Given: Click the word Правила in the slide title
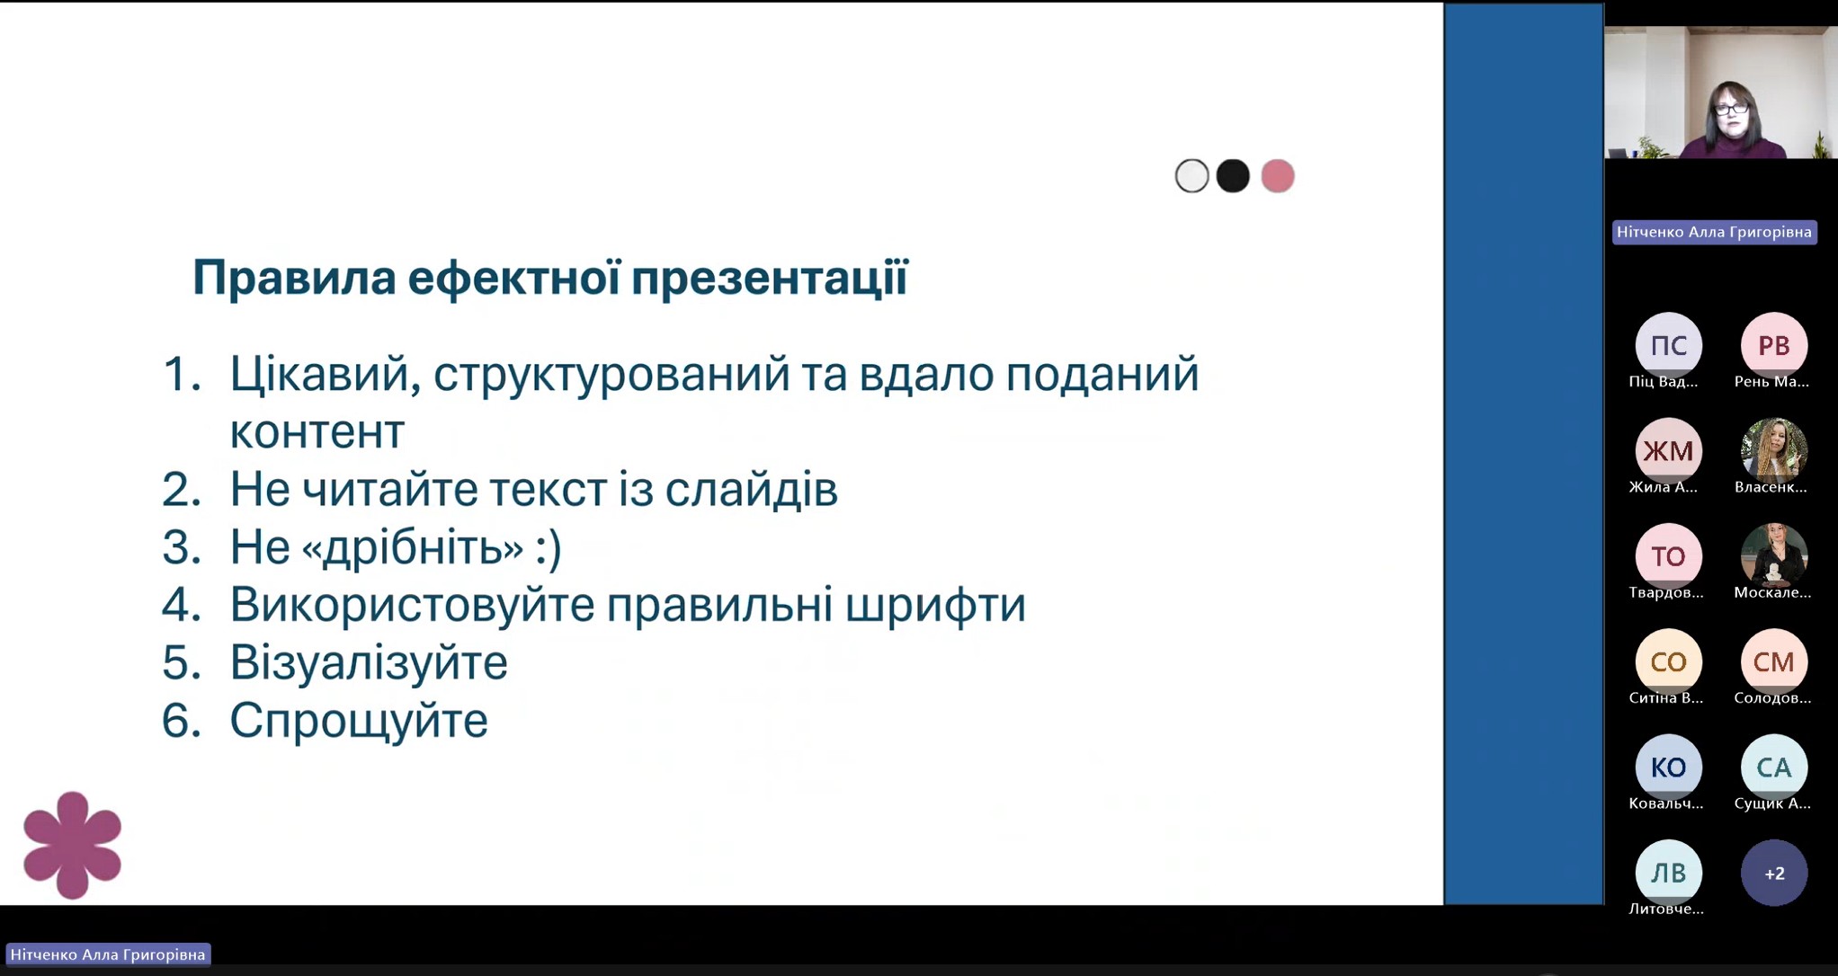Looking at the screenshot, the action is [294, 278].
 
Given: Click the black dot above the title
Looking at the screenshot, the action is [1233, 176].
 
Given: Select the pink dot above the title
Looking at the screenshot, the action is [1277, 176].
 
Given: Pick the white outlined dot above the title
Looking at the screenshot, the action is [1191, 176].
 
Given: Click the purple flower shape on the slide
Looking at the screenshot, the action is [72, 845].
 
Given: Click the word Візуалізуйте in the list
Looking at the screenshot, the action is [369, 663].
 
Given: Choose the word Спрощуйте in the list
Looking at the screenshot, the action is [359, 721].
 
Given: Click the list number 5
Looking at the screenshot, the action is [181, 663].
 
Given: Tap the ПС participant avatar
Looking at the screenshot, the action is [1668, 345].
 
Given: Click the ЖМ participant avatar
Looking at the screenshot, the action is [1668, 450].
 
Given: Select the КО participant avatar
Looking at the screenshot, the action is [1668, 767].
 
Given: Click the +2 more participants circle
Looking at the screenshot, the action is [1774, 873].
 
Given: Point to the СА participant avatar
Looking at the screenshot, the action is [1774, 767].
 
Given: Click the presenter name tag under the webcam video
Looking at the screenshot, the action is [1714, 232].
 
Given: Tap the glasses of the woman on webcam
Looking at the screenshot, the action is [1731, 110].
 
